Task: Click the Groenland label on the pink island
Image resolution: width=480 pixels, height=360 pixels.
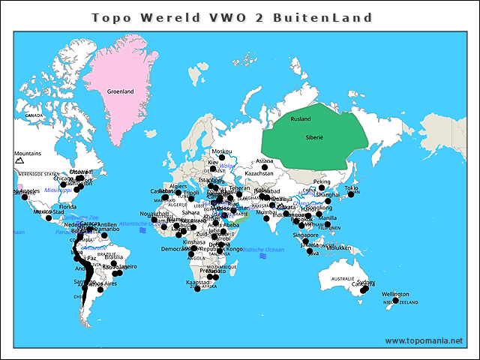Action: [x=120, y=91]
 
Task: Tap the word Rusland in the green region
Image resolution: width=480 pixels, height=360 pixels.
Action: [x=300, y=119]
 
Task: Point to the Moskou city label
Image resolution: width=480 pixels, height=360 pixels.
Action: [x=222, y=151]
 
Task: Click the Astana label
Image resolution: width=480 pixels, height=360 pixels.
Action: [x=265, y=160]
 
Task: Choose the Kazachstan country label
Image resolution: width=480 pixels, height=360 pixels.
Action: [x=259, y=173]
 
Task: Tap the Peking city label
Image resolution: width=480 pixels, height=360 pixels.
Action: [x=321, y=181]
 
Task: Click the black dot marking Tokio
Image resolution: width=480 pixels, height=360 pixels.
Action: [x=350, y=194]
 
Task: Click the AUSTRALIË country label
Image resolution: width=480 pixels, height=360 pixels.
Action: [x=342, y=279]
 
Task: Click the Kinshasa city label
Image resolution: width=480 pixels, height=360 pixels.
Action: [x=194, y=242]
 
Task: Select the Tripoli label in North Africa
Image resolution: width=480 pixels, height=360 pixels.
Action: [x=192, y=193]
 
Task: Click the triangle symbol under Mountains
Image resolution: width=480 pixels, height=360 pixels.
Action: [x=20, y=160]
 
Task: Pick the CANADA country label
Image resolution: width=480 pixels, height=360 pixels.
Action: [x=34, y=116]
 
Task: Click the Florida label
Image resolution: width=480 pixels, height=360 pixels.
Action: [x=68, y=206]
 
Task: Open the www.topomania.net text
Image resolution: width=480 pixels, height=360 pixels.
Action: [x=424, y=340]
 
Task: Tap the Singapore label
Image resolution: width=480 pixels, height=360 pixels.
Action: [x=305, y=235]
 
